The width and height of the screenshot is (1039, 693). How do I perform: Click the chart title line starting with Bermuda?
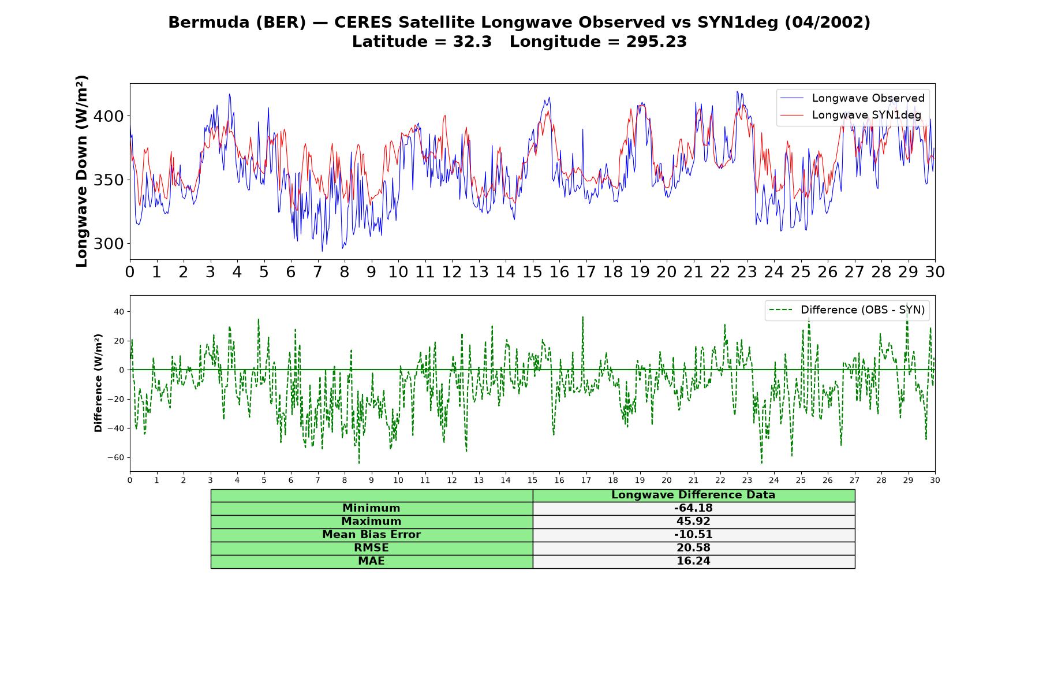[x=519, y=23]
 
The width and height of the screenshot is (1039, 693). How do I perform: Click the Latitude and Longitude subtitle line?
[x=519, y=42]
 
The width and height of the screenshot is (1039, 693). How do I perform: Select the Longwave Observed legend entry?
[x=852, y=98]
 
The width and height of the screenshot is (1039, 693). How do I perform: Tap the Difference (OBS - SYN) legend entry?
[x=847, y=310]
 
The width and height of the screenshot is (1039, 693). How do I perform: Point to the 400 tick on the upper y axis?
[x=109, y=117]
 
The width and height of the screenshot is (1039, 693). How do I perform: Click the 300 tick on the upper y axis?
[x=109, y=244]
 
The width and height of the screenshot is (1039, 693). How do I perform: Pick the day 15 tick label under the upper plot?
[x=532, y=271]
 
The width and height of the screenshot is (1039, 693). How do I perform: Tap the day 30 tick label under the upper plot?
[x=935, y=271]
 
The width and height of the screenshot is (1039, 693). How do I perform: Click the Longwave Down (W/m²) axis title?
[x=82, y=171]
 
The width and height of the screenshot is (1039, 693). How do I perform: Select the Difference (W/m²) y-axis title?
[x=98, y=383]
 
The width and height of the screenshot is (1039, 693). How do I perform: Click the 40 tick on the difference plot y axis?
[x=119, y=312]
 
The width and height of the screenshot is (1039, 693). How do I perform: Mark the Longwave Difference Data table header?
[x=693, y=495]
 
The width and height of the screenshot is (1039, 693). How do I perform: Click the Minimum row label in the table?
[x=371, y=508]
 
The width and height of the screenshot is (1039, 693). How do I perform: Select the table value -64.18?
[x=693, y=508]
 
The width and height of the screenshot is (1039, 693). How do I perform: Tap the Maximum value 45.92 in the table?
[x=693, y=521]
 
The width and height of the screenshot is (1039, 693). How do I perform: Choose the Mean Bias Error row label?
[x=371, y=535]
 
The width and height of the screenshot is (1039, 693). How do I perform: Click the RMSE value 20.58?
[x=693, y=548]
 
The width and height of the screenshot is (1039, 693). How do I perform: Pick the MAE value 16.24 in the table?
[x=693, y=561]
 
